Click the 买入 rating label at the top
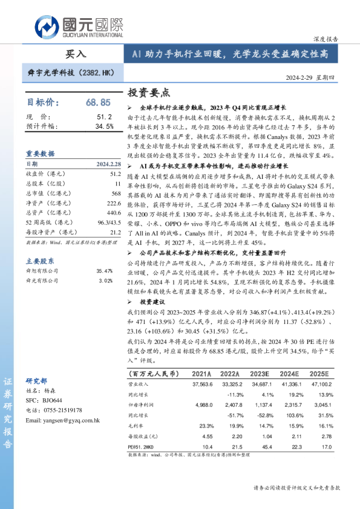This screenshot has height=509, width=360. click(x=76, y=54)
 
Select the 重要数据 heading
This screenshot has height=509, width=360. click(x=40, y=154)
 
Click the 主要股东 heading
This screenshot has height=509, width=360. click(x=40, y=244)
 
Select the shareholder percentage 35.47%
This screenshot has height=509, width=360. click(x=105, y=254)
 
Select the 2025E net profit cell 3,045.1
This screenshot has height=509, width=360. click(x=318, y=404)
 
